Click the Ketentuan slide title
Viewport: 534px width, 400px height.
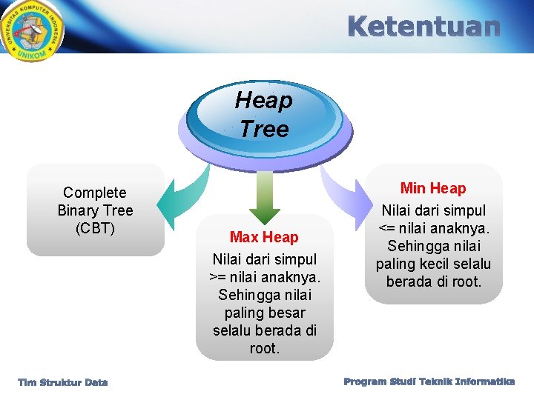[x=423, y=27]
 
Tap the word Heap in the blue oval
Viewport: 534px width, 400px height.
[x=263, y=100]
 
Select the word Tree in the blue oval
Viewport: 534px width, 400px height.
[x=263, y=129]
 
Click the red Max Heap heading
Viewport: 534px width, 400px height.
[x=264, y=237]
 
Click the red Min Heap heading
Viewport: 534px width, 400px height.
[x=433, y=188]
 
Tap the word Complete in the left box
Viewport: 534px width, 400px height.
[x=95, y=193]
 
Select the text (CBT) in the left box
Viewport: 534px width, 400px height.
[x=95, y=228]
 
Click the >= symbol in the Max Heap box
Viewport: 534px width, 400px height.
[x=217, y=277]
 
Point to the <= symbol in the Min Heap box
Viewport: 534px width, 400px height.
[x=388, y=228]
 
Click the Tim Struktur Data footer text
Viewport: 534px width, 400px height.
[x=63, y=382]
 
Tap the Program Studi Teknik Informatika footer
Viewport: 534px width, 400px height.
[x=429, y=381]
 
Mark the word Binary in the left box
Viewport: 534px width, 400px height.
[x=76, y=210]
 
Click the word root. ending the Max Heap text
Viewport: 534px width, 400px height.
[x=264, y=348]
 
